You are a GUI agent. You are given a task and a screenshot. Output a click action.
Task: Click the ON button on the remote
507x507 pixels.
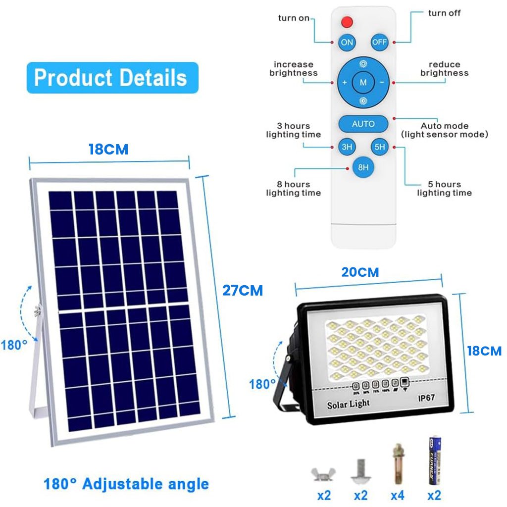tap(347, 42)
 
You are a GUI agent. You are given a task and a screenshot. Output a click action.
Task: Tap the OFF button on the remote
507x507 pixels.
tap(379, 42)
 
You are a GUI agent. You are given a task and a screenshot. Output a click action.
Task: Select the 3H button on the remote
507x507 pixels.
tap(347, 147)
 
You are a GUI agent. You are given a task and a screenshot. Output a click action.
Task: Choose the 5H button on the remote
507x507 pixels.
tap(379, 147)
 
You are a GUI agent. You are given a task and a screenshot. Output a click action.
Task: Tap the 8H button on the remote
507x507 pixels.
tap(363, 167)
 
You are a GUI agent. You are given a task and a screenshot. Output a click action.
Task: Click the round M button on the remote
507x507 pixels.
tap(363, 83)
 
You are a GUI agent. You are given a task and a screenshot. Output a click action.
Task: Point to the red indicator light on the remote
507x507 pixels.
tap(347, 22)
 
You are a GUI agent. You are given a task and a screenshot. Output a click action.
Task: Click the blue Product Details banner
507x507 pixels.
tap(112, 78)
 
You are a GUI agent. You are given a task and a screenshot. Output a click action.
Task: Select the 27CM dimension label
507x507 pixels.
tap(242, 290)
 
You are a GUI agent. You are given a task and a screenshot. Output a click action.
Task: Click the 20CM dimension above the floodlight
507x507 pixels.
tap(360, 272)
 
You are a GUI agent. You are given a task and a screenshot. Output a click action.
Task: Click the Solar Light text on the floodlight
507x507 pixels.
tap(348, 405)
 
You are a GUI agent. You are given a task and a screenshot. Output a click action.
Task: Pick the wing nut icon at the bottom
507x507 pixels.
tap(320, 475)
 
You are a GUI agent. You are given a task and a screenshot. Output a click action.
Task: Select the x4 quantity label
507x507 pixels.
tap(397, 495)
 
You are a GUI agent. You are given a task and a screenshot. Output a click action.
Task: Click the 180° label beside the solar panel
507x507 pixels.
tap(14, 345)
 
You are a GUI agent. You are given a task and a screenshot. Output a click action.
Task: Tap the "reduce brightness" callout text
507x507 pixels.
tap(444, 69)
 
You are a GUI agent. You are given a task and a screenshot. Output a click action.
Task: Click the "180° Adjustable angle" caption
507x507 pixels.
tap(126, 484)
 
